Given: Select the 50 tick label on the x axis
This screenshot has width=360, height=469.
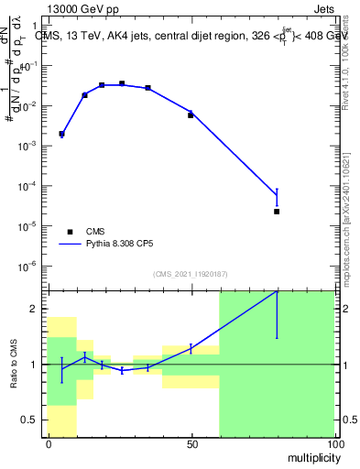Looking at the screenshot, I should click(191, 444).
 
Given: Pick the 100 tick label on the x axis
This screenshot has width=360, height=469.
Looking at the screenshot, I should click(334, 444).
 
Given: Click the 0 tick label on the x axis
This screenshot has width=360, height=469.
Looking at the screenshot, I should click(49, 444).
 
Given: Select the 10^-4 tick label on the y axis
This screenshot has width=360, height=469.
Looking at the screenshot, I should click(33, 187).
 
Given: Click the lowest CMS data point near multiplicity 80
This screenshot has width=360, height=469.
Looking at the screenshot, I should click(277, 212).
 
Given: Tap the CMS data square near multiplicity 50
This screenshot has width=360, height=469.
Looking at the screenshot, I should click(191, 115).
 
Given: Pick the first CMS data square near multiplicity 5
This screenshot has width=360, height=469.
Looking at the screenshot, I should click(61, 134).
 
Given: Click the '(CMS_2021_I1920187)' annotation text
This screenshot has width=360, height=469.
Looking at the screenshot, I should click(190, 274).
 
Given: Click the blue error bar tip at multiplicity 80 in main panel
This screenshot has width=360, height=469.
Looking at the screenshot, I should click(277, 190).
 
